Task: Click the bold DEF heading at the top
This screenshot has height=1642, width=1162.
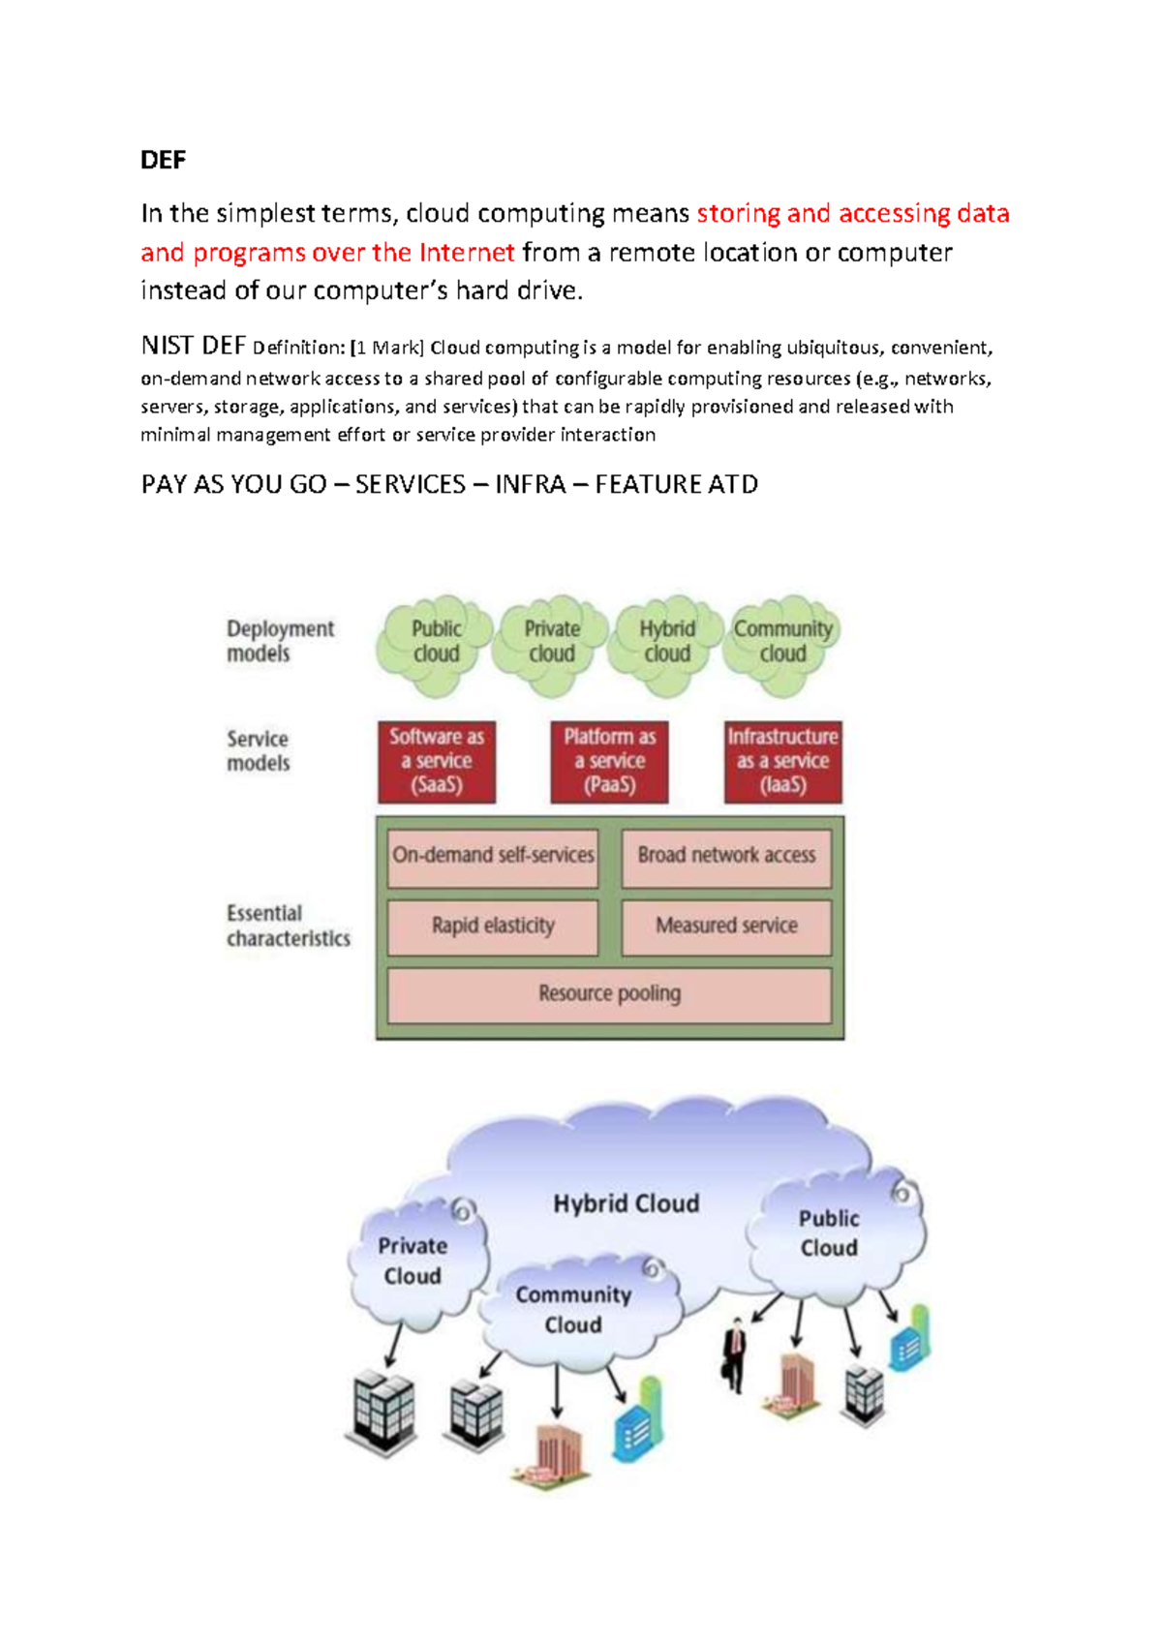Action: [x=163, y=160]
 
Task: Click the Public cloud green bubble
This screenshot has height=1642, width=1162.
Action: [x=436, y=642]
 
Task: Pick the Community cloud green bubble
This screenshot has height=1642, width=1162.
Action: [x=782, y=642]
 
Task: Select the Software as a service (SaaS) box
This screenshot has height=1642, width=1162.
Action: [x=437, y=761]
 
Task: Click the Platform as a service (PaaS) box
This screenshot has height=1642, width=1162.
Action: [x=609, y=761]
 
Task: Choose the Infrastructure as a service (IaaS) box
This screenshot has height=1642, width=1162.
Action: [x=782, y=761]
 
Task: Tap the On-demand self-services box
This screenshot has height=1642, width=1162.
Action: [x=493, y=856]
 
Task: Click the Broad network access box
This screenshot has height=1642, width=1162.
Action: [x=726, y=856]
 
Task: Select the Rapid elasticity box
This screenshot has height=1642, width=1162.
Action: [x=493, y=927]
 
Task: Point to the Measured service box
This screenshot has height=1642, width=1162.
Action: [x=726, y=927]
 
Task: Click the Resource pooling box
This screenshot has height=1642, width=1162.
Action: [x=609, y=994]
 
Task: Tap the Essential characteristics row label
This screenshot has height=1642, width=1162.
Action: [x=288, y=926]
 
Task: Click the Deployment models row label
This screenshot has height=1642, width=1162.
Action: [x=280, y=641]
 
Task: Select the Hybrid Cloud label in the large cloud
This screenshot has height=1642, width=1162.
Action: [x=626, y=1203]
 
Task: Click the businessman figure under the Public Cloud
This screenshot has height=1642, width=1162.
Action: [x=736, y=1354]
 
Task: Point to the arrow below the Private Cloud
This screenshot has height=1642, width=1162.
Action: [x=393, y=1344]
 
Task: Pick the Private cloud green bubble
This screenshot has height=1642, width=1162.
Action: [x=552, y=642]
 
